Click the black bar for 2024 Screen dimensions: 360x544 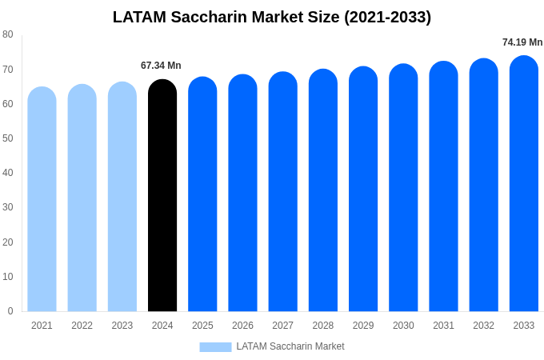coord(162,196)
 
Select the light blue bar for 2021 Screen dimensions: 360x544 coord(42,200)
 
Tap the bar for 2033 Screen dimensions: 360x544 coord(523,184)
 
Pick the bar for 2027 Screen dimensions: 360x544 coord(282,192)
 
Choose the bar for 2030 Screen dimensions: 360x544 coord(403,188)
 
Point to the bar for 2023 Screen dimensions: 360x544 coord(122,197)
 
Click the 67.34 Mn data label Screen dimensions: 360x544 coord(161,66)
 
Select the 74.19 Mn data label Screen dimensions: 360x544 coord(522,42)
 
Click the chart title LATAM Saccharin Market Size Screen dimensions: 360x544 coord(272,17)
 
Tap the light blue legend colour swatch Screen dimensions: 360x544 coord(215,347)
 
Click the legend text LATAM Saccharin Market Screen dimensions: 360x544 coord(290,346)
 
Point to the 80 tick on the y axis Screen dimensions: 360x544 coord(8,34)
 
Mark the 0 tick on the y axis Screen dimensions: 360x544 coord(10,311)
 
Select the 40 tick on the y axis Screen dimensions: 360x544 coord(8,173)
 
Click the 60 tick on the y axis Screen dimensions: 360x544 coord(8,103)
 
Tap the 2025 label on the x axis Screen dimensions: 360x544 coord(202,326)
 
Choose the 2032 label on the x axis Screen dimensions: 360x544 coord(483,326)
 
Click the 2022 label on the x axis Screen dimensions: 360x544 coord(82,326)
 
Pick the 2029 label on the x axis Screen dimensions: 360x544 coord(363,326)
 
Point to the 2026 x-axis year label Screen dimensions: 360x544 coord(242,326)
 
